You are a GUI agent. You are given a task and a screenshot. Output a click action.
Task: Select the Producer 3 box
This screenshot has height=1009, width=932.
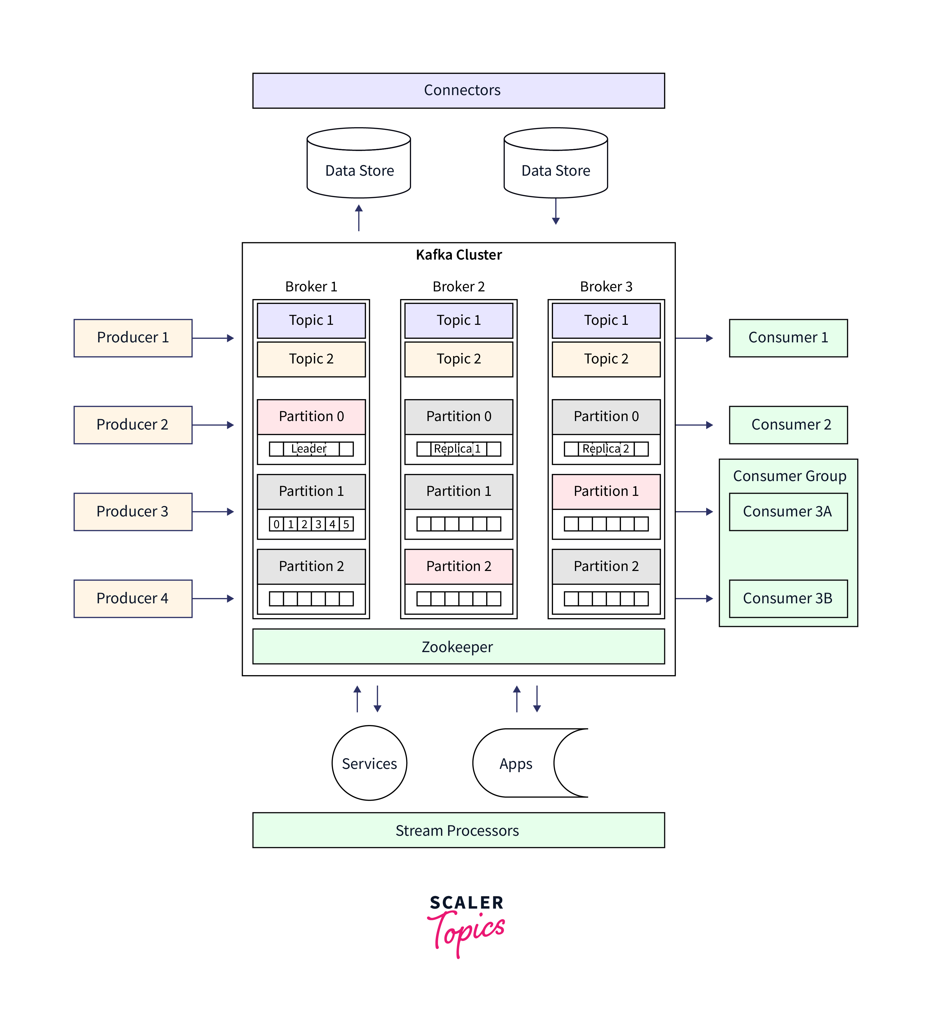pos(133,511)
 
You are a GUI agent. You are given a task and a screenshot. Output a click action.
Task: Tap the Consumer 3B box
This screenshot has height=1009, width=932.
pos(788,598)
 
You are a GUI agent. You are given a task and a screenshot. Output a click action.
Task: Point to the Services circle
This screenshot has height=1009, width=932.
pos(369,763)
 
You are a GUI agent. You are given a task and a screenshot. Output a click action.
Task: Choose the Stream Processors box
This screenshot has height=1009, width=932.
pos(458,830)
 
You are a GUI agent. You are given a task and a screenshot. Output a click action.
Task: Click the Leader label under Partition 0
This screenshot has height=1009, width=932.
pos(309,448)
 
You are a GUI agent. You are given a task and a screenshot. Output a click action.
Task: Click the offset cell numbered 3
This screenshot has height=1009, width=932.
pos(318,524)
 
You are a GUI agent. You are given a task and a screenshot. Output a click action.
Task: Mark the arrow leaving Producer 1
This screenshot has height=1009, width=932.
pos(213,338)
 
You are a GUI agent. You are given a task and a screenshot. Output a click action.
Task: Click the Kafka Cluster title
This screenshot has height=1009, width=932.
pos(458,255)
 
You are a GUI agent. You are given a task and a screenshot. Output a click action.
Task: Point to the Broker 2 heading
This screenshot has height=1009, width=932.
pos(458,286)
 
